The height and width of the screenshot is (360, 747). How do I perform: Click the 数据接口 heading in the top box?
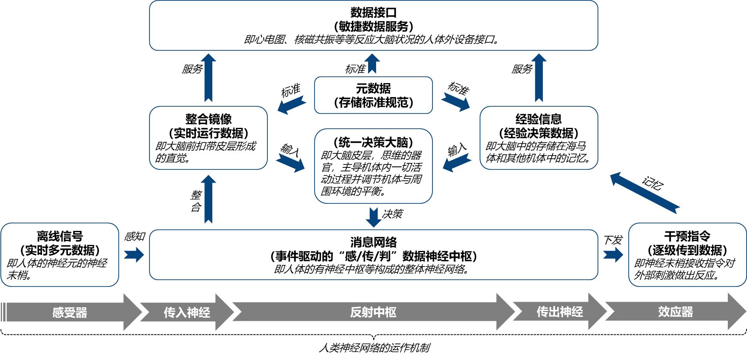tap(373, 12)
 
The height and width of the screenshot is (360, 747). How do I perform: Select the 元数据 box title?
tap(373, 88)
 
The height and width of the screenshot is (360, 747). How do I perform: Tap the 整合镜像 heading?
tap(208, 119)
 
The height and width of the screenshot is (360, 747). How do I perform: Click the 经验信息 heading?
tap(538, 119)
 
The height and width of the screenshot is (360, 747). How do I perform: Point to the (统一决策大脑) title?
tap(373, 142)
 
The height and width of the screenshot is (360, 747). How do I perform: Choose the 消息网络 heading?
tap(373, 242)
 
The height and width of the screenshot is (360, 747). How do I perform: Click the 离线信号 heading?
tap(60, 236)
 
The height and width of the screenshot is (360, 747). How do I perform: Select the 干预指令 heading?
tap(687, 236)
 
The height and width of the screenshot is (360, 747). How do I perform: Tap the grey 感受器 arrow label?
tap(70, 312)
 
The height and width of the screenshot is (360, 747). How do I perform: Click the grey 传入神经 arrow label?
tap(187, 312)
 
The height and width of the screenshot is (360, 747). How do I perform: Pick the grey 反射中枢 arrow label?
tap(373, 312)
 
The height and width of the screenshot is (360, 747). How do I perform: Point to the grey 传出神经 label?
tap(560, 312)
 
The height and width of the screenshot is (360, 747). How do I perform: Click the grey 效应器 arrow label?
tap(675, 312)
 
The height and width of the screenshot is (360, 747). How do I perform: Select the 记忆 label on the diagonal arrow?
tap(653, 183)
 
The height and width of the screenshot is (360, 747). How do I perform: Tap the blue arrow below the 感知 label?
tap(134, 255)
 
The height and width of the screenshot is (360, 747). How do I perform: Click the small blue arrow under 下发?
tap(613, 255)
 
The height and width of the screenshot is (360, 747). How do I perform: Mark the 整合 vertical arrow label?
tap(196, 201)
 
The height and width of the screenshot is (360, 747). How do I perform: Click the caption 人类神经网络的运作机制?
tap(374, 348)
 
